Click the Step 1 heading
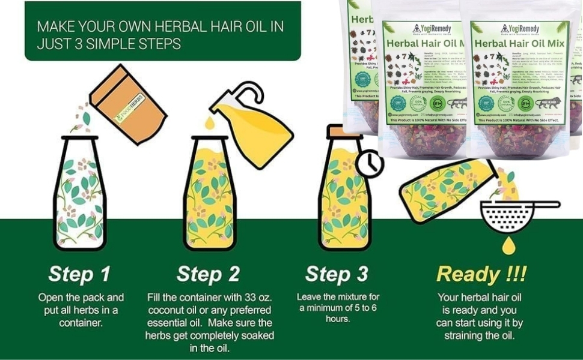pyautogui.click(x=79, y=274)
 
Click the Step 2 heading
pyautogui.click(x=208, y=274)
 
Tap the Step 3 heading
pyautogui.click(x=336, y=274)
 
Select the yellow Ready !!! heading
pyautogui.click(x=481, y=274)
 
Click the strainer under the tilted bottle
pyautogui.click(x=508, y=217)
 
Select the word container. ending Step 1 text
pyautogui.click(x=81, y=323)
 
